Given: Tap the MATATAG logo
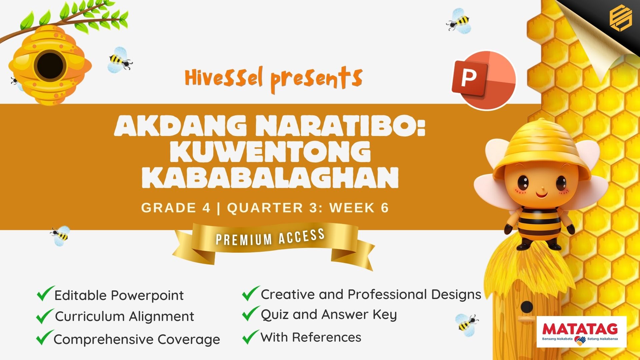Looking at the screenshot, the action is tap(581, 332).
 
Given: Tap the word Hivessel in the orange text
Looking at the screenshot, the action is tap(224, 78).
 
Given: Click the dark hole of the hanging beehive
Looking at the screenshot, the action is tap(50, 65).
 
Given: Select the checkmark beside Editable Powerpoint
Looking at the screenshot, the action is tap(45, 293).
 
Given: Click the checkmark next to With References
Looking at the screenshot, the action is tap(250, 337).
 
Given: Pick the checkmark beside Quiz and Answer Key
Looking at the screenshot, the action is tap(250, 313).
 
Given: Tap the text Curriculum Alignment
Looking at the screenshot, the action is tap(124, 316).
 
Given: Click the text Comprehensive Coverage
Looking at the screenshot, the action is tap(137, 339).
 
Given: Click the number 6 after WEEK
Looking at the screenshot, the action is tap(385, 208).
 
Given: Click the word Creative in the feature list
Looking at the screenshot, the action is tap(287, 294).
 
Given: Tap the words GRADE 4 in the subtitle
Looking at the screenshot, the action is tap(176, 208).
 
